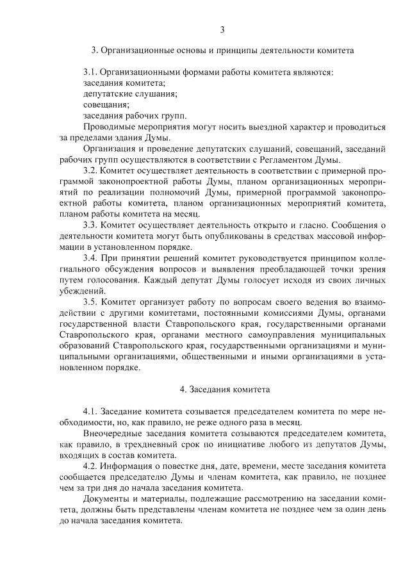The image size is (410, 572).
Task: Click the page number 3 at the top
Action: [222, 29]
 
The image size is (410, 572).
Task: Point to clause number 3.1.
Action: [92, 72]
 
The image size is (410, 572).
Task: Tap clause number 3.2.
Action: [92, 171]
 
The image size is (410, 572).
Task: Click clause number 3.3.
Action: [92, 225]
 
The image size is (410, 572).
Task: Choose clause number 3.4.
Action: [92, 257]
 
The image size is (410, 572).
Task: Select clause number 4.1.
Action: [92, 411]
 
